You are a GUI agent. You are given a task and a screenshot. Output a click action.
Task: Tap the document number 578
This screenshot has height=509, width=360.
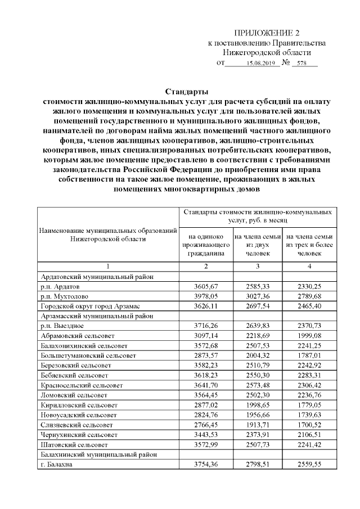tap(305, 64)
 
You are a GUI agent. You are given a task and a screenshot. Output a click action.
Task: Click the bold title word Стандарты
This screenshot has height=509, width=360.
tap(187, 92)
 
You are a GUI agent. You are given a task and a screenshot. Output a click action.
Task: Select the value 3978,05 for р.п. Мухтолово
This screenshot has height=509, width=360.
tap(206, 296)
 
